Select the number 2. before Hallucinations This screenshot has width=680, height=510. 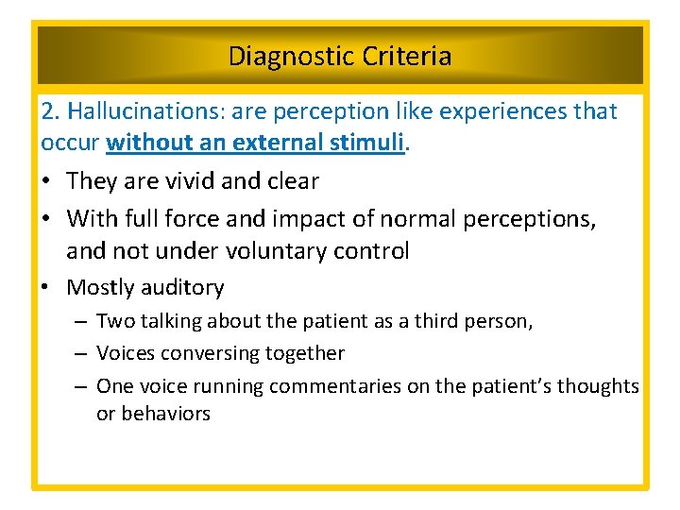[x=51, y=111]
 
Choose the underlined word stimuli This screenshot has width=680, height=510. [x=371, y=143]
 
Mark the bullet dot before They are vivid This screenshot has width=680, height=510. [x=48, y=181]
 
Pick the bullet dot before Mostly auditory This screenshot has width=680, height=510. [x=48, y=287]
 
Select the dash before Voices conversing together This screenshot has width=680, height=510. [x=79, y=354]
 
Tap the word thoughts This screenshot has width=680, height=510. [x=598, y=386]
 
